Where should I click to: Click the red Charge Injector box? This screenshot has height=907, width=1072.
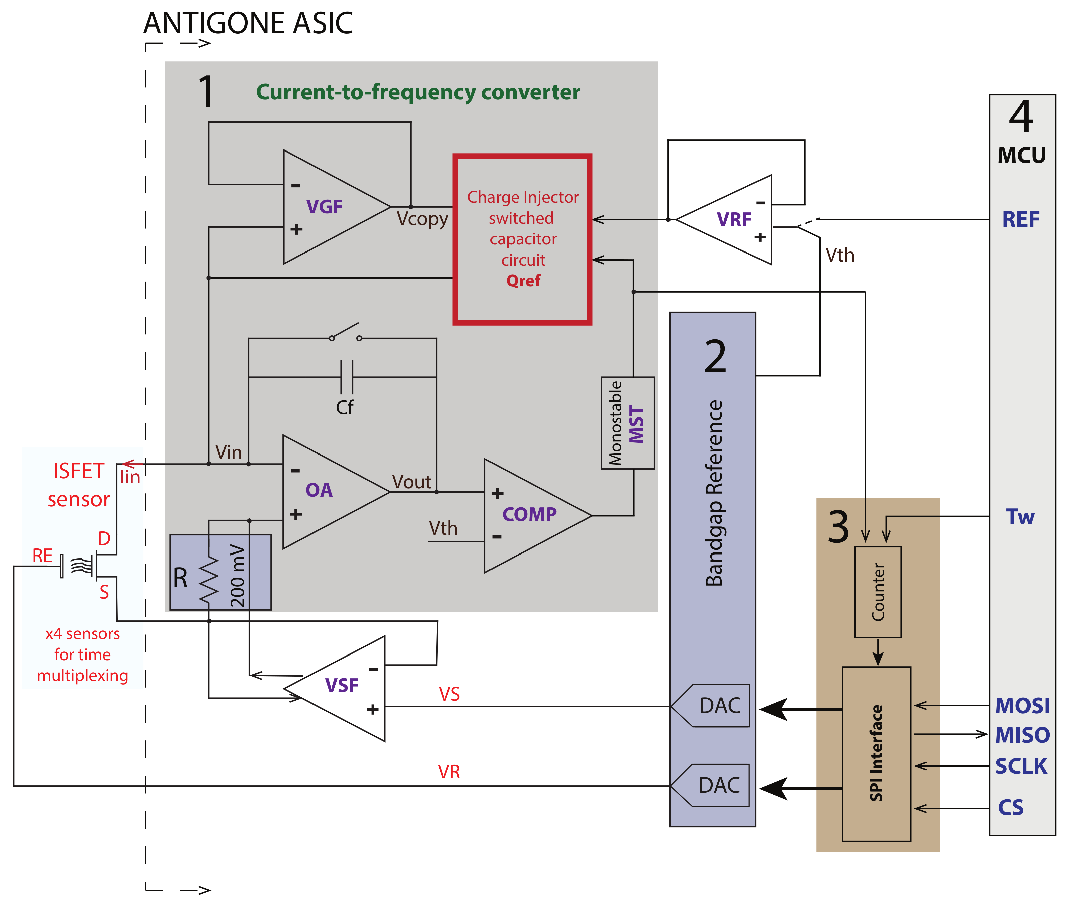522,239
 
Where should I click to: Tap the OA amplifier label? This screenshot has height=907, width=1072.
319,490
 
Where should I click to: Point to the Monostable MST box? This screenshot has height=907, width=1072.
628,423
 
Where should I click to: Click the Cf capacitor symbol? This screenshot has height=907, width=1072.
346,377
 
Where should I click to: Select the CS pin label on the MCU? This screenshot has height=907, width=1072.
1010,808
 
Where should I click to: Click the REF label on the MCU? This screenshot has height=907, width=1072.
1020,219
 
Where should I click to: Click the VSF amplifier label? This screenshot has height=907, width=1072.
342,685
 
